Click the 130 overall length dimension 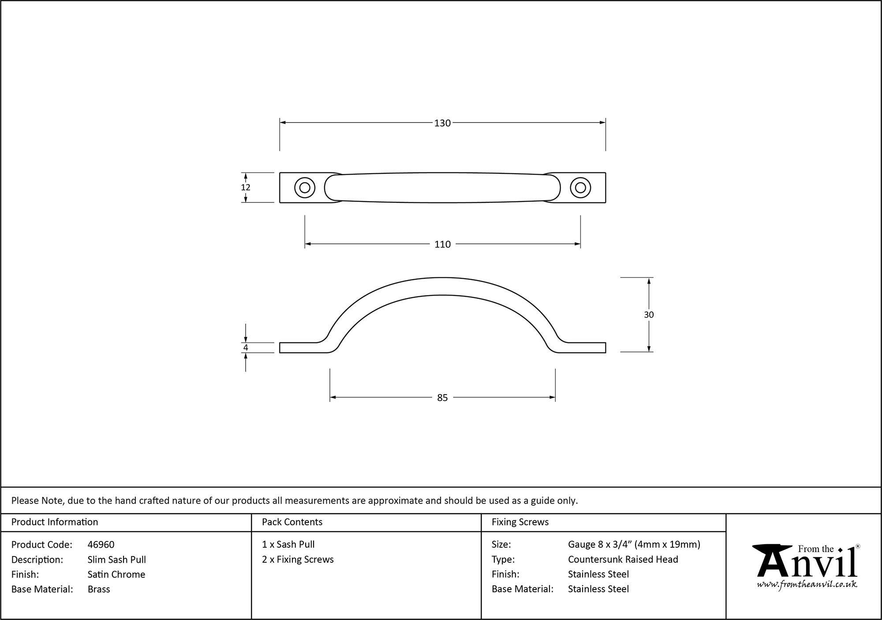[442, 123]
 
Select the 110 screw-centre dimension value [442, 244]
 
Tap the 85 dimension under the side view [442, 398]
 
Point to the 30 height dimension [649, 315]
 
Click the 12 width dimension [246, 187]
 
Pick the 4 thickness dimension [246, 347]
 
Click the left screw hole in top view [304, 188]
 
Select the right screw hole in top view [580, 188]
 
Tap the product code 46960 [101, 545]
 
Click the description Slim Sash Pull [116, 560]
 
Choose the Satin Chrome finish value [116, 574]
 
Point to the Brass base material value [99, 589]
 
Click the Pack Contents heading [292, 522]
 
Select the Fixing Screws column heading [520, 522]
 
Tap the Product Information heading [55, 522]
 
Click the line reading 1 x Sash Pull [288, 545]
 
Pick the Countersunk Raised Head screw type [623, 560]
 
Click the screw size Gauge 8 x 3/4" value [634, 545]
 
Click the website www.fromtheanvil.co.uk [807, 585]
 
